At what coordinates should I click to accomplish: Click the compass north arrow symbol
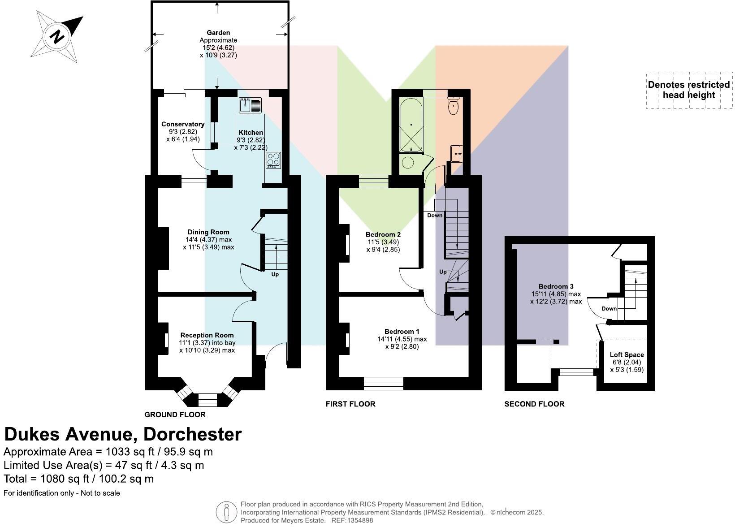tap(57, 36)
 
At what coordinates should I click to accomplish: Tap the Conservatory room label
tap(183, 124)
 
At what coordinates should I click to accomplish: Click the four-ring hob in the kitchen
tap(273, 160)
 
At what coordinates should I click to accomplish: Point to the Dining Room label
tap(208, 232)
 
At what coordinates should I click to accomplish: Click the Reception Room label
tap(207, 335)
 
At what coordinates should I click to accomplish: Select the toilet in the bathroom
tap(454, 106)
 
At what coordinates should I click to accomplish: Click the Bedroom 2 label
tap(383, 234)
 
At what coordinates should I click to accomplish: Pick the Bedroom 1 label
tap(402, 332)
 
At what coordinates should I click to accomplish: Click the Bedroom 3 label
tap(556, 286)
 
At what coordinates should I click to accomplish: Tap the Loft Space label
tap(627, 354)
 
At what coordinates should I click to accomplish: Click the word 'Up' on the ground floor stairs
tap(275, 274)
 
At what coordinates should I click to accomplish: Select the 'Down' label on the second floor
tap(609, 308)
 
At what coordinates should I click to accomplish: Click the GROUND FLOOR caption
tap(175, 415)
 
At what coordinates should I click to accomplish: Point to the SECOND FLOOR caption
tap(534, 404)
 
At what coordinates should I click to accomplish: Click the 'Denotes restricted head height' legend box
tap(689, 90)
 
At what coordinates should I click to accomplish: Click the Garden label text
tap(218, 33)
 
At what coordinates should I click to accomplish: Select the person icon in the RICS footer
tap(226, 512)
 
